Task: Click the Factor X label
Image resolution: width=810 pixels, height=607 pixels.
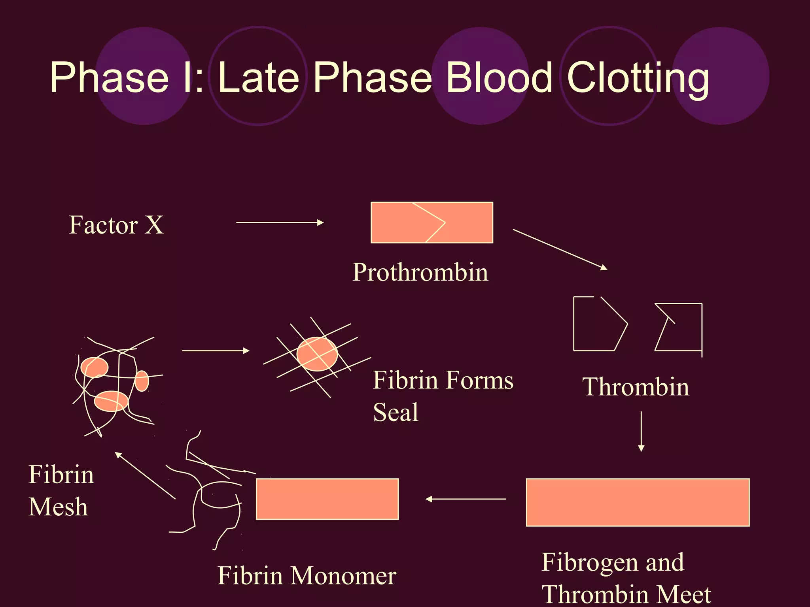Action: (x=116, y=225)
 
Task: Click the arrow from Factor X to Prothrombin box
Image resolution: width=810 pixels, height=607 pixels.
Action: (x=280, y=222)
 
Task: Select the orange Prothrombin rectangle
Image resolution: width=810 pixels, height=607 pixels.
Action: (x=431, y=222)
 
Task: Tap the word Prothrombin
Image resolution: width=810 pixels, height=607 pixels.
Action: (x=420, y=272)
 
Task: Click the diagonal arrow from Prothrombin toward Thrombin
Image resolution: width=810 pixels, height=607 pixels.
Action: (x=559, y=249)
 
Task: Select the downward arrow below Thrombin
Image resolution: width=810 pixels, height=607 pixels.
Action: (x=641, y=431)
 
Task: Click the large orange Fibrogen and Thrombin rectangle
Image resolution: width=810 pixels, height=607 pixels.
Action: (x=637, y=502)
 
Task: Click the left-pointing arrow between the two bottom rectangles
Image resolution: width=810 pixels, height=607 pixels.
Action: (x=466, y=499)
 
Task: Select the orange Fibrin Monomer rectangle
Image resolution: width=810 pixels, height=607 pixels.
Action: (x=327, y=499)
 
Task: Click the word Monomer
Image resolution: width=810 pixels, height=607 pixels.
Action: (x=343, y=576)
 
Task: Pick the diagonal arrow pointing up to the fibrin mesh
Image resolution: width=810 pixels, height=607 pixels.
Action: (x=145, y=475)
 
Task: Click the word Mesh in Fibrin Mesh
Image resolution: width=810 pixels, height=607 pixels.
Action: (x=58, y=507)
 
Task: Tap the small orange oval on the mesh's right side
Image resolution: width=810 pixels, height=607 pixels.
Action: (x=142, y=381)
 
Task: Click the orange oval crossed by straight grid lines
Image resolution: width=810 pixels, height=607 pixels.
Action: (x=317, y=354)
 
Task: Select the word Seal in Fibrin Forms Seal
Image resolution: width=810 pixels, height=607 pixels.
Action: (x=396, y=413)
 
